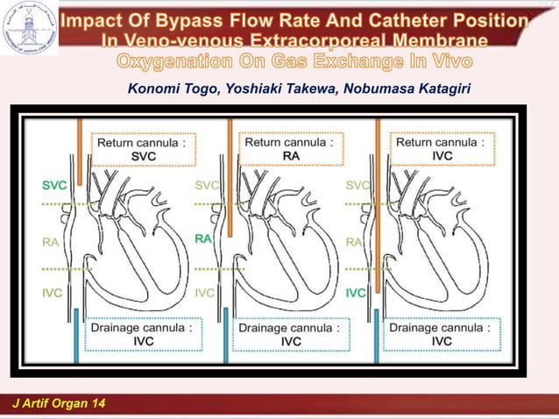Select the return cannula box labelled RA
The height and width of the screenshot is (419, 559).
(x=288, y=148)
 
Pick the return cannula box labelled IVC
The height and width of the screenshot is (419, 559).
(x=442, y=148)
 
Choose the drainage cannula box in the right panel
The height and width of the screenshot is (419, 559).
(x=442, y=334)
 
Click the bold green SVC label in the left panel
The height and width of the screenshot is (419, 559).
(x=53, y=185)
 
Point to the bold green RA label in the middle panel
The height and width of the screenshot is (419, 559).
(x=203, y=238)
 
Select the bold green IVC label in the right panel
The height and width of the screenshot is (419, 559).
(x=356, y=293)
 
